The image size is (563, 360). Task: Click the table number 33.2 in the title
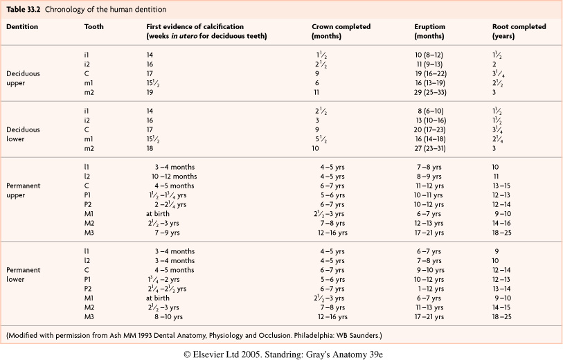pos(30,8)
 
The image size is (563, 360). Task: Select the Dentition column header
pos(22,26)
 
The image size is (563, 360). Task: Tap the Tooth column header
pos(93,26)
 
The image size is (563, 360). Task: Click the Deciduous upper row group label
pos(23,77)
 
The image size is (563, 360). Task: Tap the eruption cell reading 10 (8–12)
pos(431,53)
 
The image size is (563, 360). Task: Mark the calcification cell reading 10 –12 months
pos(174,176)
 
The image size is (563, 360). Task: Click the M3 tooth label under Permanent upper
pos(89,233)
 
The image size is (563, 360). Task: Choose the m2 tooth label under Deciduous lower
pos(88,147)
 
